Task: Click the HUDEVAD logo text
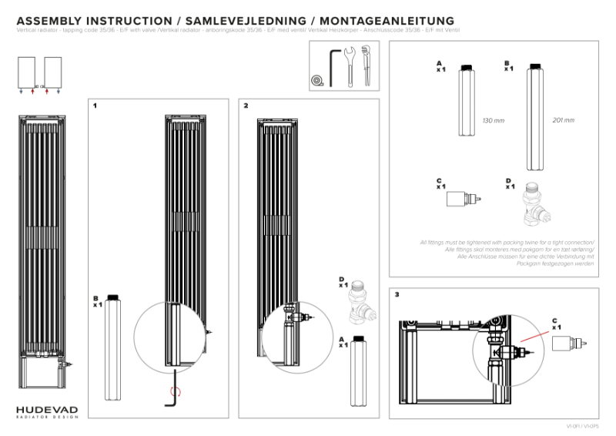coord(46,408)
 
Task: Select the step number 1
coord(94,105)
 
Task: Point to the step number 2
coord(246,105)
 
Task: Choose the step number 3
coord(397,294)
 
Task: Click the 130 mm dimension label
coord(492,121)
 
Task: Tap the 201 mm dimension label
coord(564,121)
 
